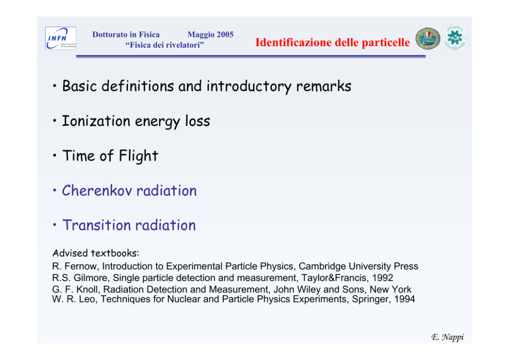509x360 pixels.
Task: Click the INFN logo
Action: (61, 38)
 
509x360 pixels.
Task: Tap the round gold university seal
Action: (428, 39)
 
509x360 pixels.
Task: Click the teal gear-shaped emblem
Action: (455, 37)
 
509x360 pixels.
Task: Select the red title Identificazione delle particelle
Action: (332, 42)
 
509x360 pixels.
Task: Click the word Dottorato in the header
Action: (110, 34)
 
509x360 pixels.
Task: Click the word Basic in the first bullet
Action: (80, 86)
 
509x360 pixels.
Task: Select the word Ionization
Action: (96, 121)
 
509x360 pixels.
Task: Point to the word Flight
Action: (139, 156)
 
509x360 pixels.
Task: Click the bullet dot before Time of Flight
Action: (54, 155)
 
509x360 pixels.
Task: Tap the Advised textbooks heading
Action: (96, 253)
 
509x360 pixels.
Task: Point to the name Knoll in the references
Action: (88, 289)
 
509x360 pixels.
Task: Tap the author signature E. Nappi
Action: (447, 337)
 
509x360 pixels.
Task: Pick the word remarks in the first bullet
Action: (324, 86)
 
